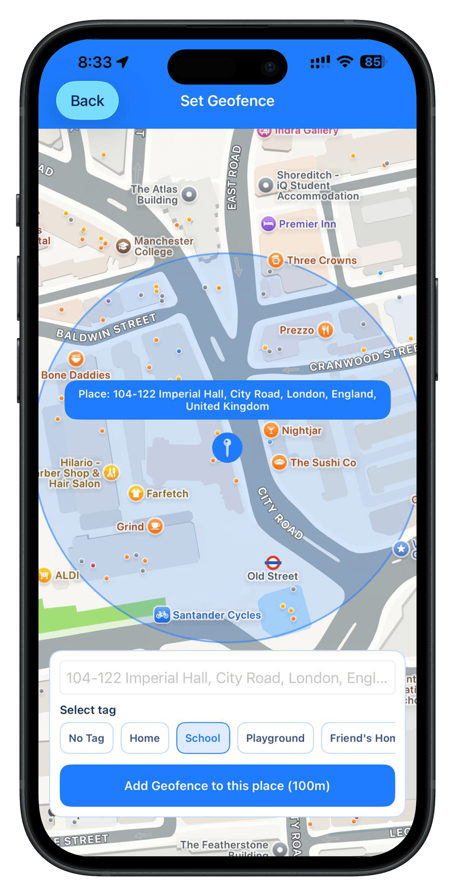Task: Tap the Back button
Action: coord(87,101)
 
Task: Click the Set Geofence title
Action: coord(227,101)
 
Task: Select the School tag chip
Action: coord(203,738)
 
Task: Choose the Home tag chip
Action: coord(145,738)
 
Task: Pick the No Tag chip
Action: coord(86,738)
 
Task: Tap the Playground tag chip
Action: coord(275,738)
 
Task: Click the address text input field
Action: coord(227,678)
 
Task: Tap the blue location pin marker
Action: coord(227,448)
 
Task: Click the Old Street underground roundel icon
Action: coord(273,562)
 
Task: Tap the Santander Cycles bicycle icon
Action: coord(162,615)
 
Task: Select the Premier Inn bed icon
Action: coord(268,224)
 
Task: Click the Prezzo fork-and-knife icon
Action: coord(325,330)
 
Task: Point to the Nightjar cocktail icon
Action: coord(271,430)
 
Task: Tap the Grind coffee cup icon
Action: coord(155,526)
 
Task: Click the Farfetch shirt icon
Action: coord(136,493)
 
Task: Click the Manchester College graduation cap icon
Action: coord(123,246)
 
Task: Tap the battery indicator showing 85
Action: coord(372,62)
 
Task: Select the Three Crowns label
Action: coord(321,261)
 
